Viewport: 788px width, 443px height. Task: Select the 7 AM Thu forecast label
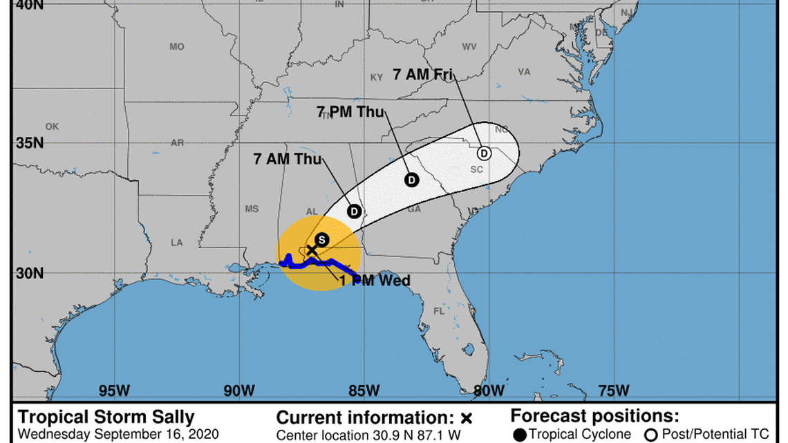click(288, 159)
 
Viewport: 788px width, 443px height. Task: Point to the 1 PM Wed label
click(375, 281)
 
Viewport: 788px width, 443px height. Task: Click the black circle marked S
click(321, 240)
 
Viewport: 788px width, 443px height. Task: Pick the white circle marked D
click(484, 153)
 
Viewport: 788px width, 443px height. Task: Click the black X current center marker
click(311, 249)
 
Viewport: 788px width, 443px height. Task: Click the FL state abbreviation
click(439, 311)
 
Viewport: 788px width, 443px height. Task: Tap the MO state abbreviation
click(177, 46)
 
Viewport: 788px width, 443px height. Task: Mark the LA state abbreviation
click(177, 243)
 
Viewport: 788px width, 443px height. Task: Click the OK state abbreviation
click(52, 126)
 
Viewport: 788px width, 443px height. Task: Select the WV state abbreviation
click(469, 46)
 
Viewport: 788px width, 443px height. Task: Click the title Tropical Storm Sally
click(106, 417)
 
